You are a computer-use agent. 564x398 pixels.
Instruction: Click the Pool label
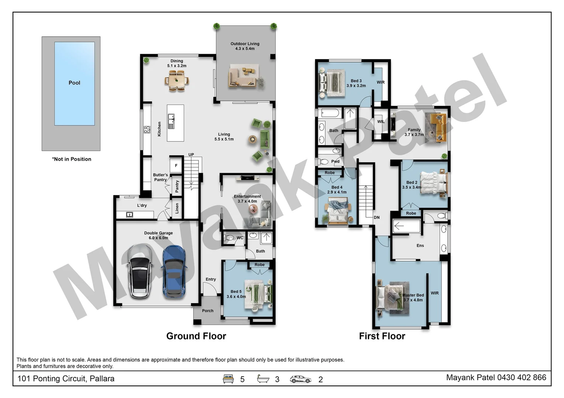(74, 83)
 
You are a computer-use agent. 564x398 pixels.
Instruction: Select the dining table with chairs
(177, 81)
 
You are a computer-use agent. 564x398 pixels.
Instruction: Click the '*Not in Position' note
(72, 159)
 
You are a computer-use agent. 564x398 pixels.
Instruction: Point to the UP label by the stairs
(191, 155)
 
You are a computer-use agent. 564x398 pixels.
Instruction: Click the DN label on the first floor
(377, 217)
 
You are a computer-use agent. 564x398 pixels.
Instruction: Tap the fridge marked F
(176, 166)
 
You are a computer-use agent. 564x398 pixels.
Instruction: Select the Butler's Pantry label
(160, 177)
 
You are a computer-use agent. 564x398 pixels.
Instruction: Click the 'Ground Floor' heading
(196, 336)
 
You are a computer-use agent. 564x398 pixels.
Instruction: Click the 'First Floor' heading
(382, 336)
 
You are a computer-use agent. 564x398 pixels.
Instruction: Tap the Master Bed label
(413, 295)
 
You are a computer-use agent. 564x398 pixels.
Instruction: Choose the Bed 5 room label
(236, 291)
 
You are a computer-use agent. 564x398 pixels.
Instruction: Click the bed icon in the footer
(228, 379)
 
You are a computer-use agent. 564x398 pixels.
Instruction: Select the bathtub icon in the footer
(263, 379)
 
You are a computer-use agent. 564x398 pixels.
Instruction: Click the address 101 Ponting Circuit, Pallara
(66, 379)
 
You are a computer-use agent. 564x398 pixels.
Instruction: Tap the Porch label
(208, 311)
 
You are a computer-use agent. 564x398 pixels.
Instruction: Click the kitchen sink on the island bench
(171, 121)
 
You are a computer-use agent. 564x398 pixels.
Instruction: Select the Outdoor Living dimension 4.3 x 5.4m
(245, 49)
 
